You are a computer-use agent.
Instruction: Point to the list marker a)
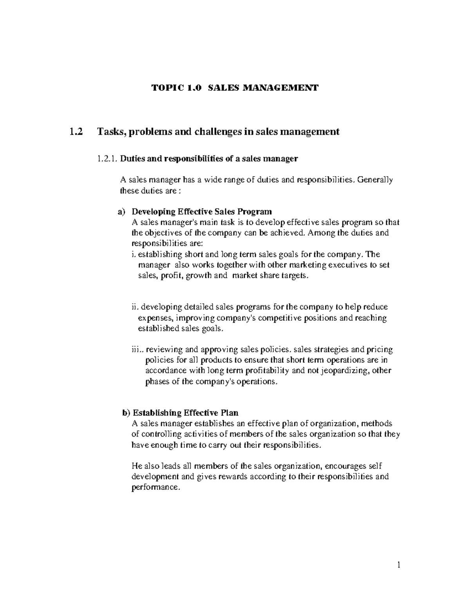(x=122, y=212)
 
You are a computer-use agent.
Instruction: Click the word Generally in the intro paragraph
(x=375, y=180)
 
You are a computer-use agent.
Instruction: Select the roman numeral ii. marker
(x=136, y=307)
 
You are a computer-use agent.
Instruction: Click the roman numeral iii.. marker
(x=137, y=349)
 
